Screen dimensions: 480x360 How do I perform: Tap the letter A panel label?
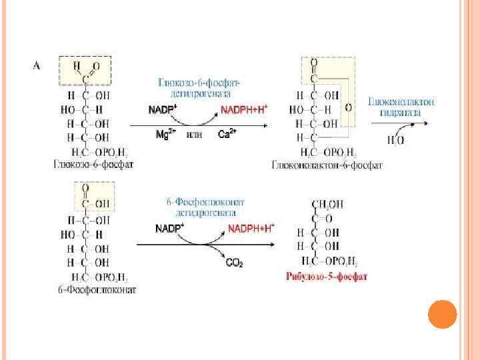click(38, 65)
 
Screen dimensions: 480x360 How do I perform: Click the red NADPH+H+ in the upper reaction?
click(245, 107)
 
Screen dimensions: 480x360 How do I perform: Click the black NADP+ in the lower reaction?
click(170, 229)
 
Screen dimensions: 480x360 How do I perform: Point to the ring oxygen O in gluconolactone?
click(349, 107)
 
